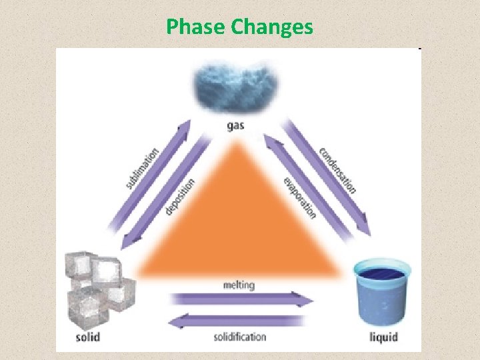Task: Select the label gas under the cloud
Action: click(235, 125)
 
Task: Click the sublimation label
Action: click(142, 167)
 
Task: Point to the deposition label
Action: click(180, 197)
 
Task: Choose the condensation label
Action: click(337, 169)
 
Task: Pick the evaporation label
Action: click(299, 198)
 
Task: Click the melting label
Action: click(239, 285)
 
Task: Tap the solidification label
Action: click(240, 337)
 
